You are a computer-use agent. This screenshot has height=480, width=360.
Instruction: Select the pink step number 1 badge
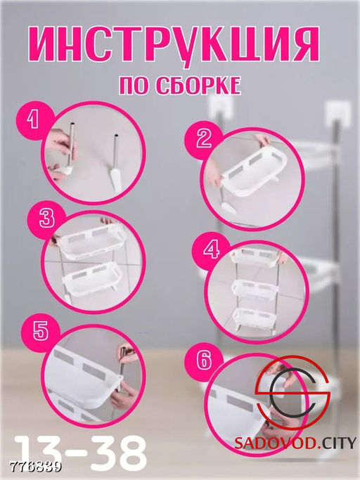tap(31, 120)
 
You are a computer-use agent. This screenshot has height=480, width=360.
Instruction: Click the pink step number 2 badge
tap(203, 138)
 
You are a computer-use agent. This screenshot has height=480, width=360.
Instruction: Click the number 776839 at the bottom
tap(33, 465)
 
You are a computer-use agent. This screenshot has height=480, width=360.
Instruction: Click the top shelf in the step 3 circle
tap(86, 242)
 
